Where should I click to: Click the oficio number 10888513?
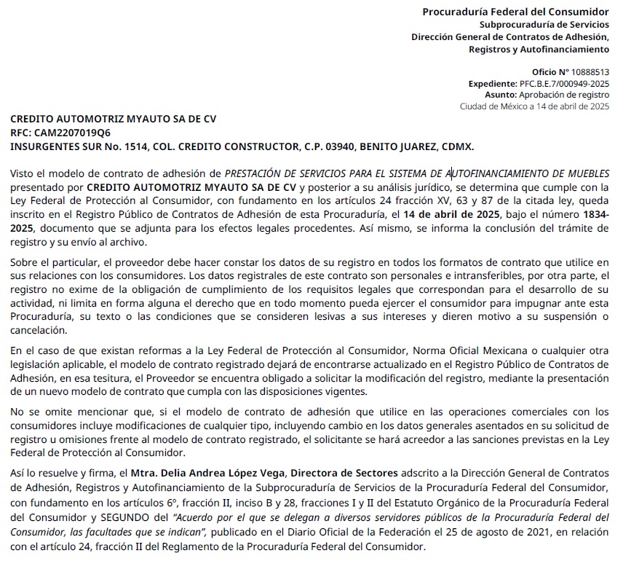(x=587, y=72)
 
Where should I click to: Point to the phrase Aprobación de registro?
(x=563, y=95)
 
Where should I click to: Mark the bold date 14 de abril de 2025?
(x=451, y=215)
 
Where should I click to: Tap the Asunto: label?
(x=501, y=95)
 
